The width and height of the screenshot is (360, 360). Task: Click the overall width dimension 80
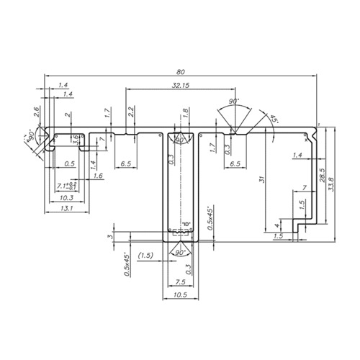coord(180,71)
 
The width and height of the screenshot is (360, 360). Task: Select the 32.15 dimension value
coord(181,85)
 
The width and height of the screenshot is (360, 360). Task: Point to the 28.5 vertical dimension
coord(322,175)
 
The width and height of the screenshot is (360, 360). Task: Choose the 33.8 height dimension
coord(331,184)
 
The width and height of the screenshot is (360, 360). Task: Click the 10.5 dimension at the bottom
coord(180,295)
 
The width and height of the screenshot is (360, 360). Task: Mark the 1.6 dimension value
coord(98,175)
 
